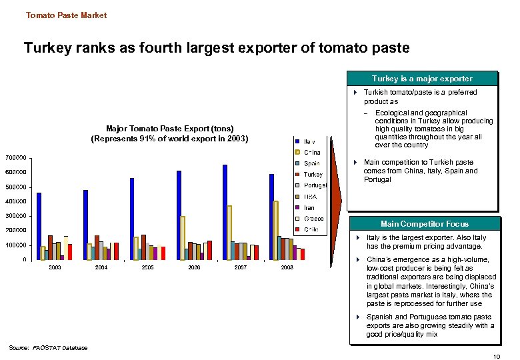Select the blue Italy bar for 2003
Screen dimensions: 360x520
(39, 226)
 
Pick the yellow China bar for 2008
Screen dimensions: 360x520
(276, 230)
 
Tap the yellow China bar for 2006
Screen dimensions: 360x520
(183, 237)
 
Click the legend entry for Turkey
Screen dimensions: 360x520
(307, 174)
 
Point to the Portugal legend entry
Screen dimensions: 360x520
(310, 185)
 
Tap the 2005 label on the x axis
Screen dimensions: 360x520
(148, 267)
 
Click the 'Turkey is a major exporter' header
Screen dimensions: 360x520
(423, 78)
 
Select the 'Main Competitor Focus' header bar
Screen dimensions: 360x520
(424, 224)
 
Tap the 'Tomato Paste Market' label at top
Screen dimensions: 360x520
(66, 15)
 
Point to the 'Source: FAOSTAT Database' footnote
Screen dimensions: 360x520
(49, 347)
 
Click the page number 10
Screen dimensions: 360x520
(495, 357)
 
